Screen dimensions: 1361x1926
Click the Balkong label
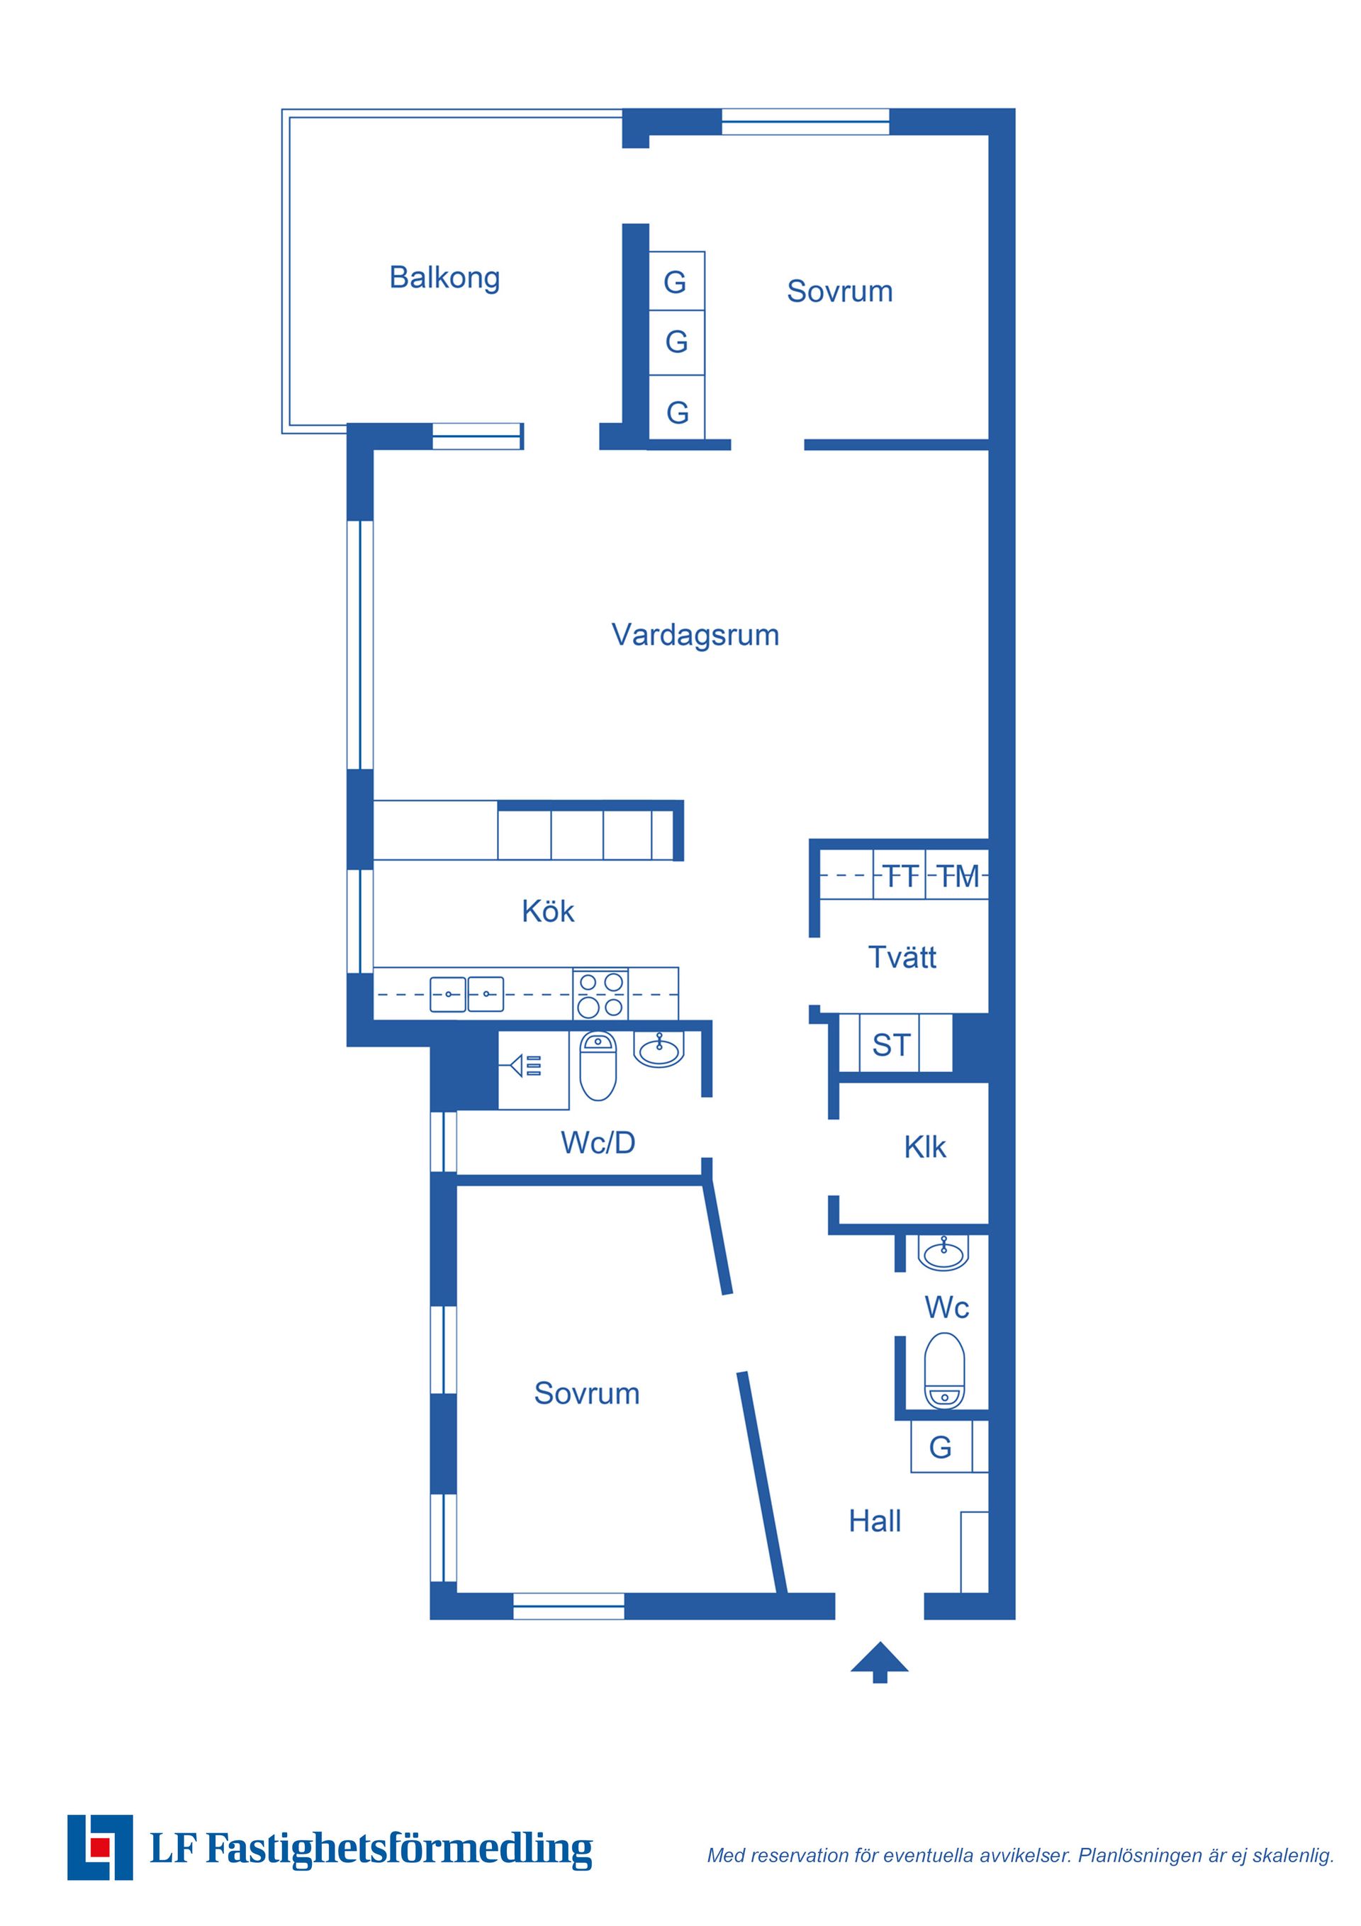[x=444, y=278]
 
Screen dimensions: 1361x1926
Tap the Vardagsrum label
[x=695, y=635]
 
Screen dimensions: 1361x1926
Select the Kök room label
[x=548, y=911]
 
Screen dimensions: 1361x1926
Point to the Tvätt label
[x=902, y=957]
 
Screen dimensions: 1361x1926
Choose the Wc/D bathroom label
[x=598, y=1142]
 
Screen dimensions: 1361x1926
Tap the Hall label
[x=875, y=1521]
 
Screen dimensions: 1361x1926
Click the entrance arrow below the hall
[x=880, y=1662]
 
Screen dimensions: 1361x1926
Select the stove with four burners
[x=601, y=994]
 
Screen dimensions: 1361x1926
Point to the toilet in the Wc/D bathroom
[x=598, y=1066]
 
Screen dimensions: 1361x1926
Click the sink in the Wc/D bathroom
[x=659, y=1049]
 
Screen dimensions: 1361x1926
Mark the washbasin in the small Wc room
[x=944, y=1252]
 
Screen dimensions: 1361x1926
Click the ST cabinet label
[x=891, y=1046]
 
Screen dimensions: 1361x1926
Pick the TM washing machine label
[x=958, y=877]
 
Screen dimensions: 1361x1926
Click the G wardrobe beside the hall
[x=941, y=1447]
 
